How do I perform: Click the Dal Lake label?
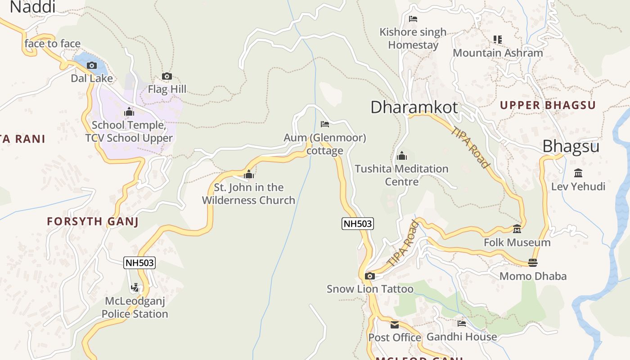(x=92, y=78)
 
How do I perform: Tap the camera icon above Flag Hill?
(x=167, y=76)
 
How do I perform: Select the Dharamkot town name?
(x=414, y=107)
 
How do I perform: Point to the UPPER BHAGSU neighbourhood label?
(x=548, y=105)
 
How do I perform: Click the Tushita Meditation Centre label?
(x=401, y=175)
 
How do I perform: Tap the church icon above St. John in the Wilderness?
(x=249, y=175)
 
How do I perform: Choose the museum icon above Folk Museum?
(x=517, y=229)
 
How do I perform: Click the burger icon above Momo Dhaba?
(x=533, y=262)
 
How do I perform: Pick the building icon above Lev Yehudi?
(x=578, y=173)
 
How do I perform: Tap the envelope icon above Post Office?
(x=395, y=324)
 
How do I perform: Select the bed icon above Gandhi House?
(x=462, y=323)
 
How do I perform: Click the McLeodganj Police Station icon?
(x=135, y=287)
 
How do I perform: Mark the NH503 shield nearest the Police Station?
(x=139, y=263)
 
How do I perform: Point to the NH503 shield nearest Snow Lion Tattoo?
(x=358, y=224)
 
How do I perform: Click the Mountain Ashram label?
(x=498, y=53)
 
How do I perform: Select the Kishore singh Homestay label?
(x=413, y=38)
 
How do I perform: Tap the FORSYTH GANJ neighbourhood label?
(x=93, y=221)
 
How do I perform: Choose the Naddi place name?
(x=32, y=7)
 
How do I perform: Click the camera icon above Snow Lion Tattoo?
(x=370, y=276)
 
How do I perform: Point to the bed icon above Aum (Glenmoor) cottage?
(x=325, y=124)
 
